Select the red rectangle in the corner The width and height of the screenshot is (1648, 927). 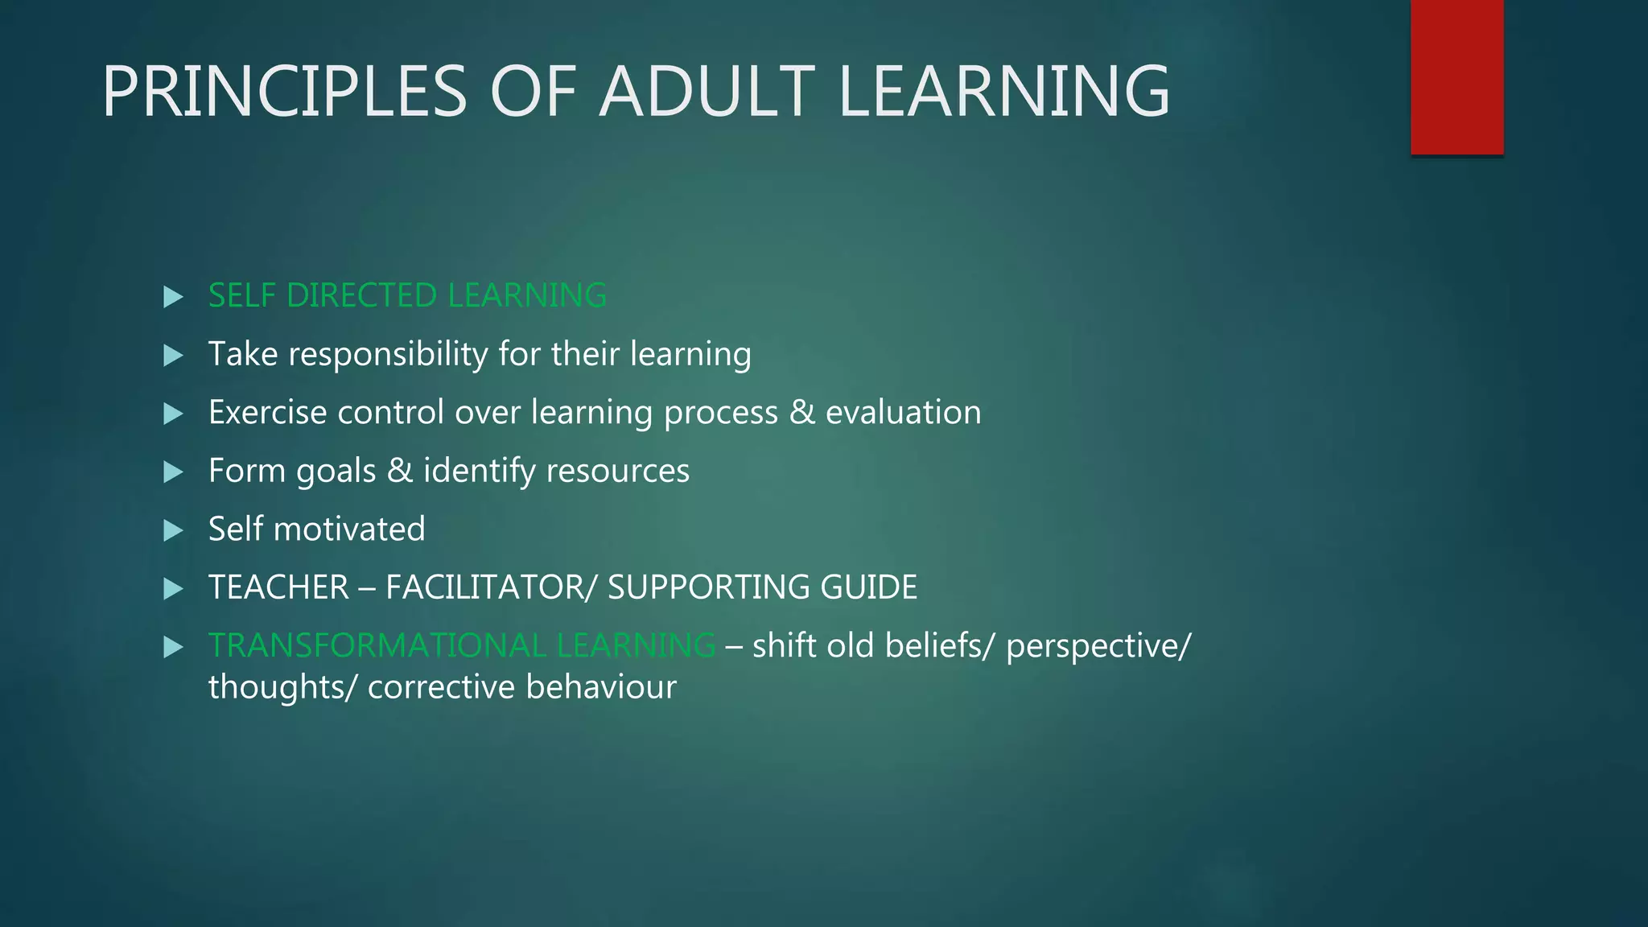(1456, 76)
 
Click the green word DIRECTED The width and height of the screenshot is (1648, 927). (361, 295)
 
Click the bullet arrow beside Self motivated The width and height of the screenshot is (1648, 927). (173, 530)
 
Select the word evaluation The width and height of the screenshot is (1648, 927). (903, 412)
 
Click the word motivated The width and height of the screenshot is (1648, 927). (348, 529)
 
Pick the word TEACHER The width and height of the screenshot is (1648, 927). (278, 587)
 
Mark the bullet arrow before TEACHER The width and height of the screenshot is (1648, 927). (173, 589)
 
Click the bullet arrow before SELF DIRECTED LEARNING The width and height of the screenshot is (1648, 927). (173, 297)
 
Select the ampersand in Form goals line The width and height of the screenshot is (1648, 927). (399, 471)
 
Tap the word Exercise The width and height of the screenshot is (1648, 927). (267, 412)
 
